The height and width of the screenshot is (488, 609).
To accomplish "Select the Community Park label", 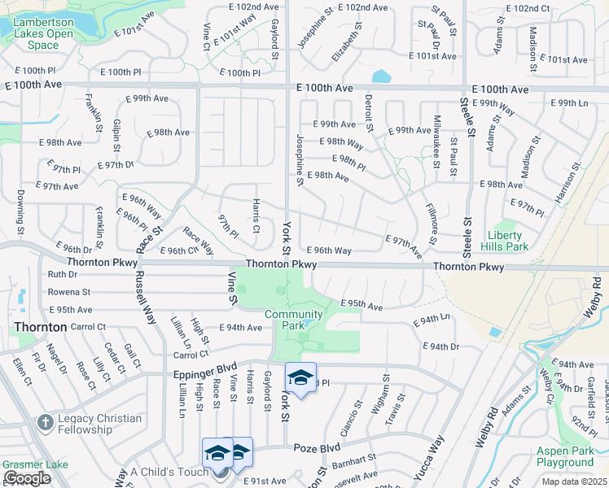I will coord(294,320).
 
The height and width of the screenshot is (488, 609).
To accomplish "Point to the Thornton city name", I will coord(40,327).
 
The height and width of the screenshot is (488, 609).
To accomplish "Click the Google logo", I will coord(27,477).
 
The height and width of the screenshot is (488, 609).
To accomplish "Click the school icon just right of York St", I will coord(300,378).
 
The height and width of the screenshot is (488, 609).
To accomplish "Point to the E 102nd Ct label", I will coord(528,8).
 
